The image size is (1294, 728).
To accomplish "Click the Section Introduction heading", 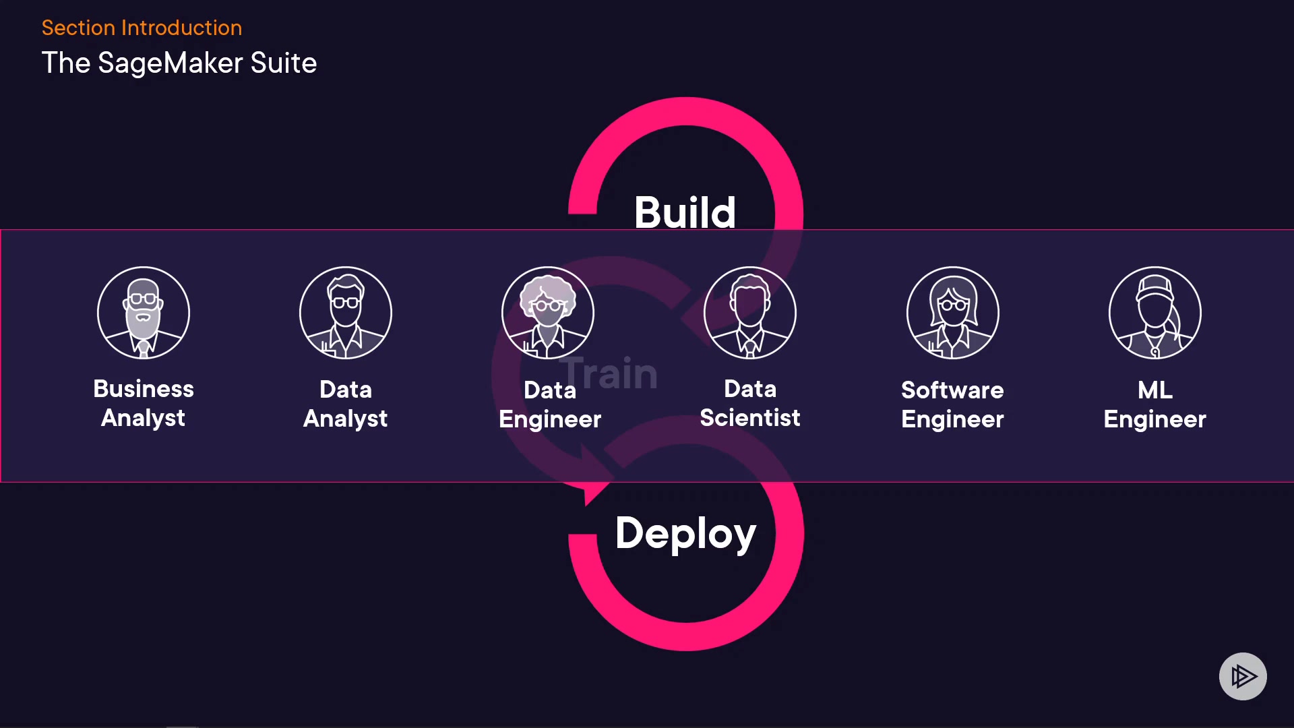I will pyautogui.click(x=142, y=28).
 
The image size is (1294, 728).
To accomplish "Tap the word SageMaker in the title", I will pyautogui.click(x=170, y=63).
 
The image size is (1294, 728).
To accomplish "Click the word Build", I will pyautogui.click(x=685, y=212).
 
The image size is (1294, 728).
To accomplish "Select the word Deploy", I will pyautogui.click(x=685, y=533).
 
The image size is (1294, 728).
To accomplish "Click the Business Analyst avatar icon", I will pyautogui.click(x=144, y=313).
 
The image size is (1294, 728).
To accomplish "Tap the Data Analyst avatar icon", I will pyautogui.click(x=346, y=313).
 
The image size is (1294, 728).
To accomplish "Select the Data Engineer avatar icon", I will pyautogui.click(x=548, y=313).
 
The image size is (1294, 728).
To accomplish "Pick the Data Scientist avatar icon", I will pyautogui.click(x=750, y=313).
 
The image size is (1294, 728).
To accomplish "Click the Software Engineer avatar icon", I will pyautogui.click(x=952, y=313).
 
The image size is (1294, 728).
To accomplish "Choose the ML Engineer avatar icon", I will pyautogui.click(x=1154, y=313).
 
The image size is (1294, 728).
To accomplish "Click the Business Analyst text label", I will pyautogui.click(x=144, y=403).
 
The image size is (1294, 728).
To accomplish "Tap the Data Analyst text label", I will pyautogui.click(x=346, y=404).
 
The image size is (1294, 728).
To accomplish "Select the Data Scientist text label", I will pyautogui.click(x=750, y=403).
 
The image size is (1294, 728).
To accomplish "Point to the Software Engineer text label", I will pyautogui.click(x=952, y=404).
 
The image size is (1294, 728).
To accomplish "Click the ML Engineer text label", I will pyautogui.click(x=1154, y=404).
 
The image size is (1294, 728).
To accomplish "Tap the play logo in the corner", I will pyautogui.click(x=1243, y=676).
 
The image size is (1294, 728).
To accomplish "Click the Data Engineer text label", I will pyautogui.click(x=550, y=404).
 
